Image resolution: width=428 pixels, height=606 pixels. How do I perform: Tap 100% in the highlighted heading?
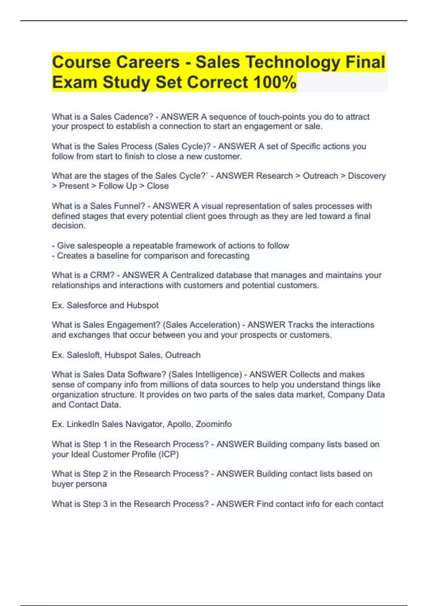point(274,82)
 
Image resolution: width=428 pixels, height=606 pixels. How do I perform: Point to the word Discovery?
point(367,176)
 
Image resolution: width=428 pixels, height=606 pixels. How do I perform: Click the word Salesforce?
point(87,305)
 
